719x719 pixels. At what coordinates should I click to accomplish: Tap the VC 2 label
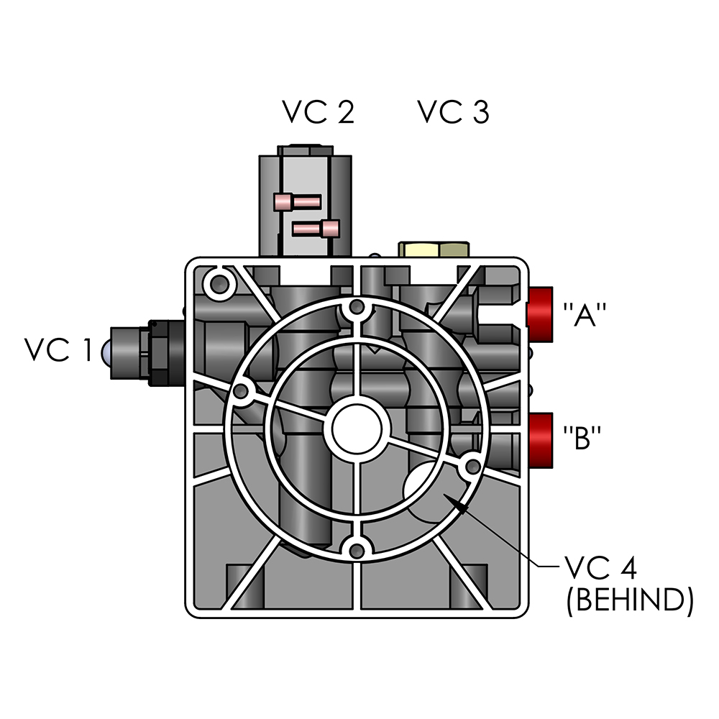coord(318,112)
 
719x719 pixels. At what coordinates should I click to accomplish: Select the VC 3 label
coord(454,112)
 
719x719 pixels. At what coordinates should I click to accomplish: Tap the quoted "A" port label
coord(585,315)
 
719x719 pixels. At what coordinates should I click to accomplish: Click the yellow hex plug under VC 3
coord(434,249)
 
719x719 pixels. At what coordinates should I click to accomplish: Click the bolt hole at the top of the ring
coord(354,310)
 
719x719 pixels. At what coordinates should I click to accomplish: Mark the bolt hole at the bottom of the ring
coord(354,549)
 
